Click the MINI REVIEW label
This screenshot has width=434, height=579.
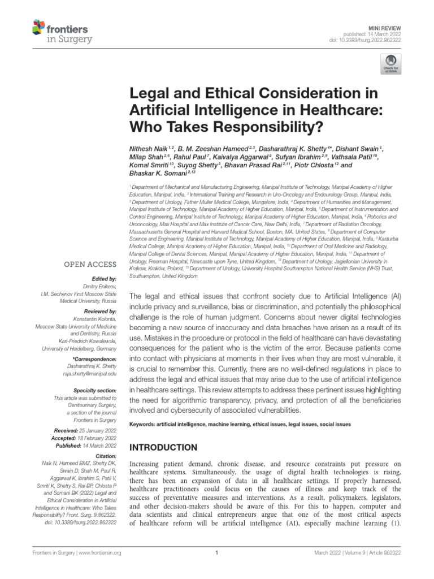tap(385, 26)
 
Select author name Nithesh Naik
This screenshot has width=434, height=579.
tap(150, 147)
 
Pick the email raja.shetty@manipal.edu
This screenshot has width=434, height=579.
tap(89, 374)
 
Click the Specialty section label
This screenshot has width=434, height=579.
tap(95, 391)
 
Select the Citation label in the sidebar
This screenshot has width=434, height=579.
tap(105, 455)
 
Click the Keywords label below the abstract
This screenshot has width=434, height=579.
tap(146, 424)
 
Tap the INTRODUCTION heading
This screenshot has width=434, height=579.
tap(163, 448)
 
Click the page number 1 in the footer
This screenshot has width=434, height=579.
tap(217, 552)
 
